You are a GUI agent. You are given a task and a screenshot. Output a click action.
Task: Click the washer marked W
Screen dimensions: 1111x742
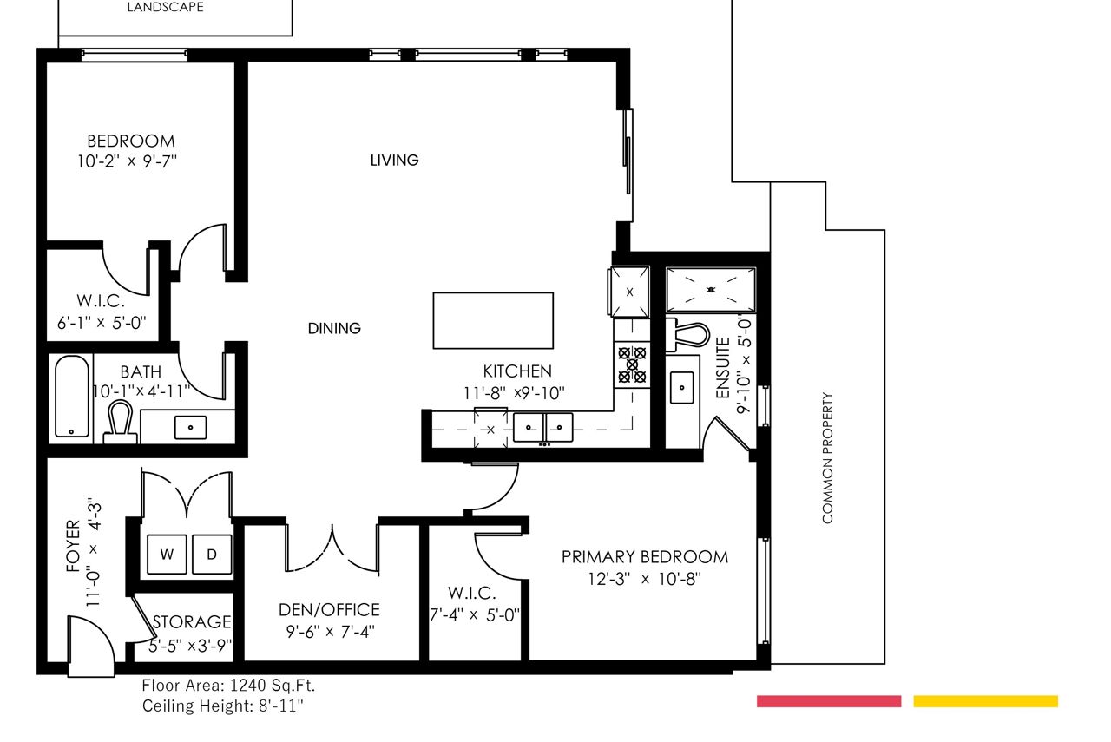point(168,555)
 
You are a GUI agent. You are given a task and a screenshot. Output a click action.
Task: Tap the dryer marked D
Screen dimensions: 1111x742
point(212,555)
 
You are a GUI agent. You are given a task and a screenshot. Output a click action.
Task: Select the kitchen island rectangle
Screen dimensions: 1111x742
point(493,320)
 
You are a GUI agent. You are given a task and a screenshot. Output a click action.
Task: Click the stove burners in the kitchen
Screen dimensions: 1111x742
point(632,365)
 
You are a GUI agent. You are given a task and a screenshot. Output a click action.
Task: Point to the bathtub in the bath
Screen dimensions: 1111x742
point(72,396)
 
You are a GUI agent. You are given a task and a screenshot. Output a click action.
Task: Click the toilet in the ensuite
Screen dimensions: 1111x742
point(688,335)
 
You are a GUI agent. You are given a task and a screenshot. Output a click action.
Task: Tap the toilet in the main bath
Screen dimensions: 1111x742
point(120,423)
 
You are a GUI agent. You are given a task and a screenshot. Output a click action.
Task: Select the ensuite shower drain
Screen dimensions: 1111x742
point(711,290)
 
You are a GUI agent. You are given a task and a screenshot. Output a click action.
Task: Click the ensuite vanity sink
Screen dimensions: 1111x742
point(682,388)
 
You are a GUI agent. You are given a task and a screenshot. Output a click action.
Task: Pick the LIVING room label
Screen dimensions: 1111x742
point(394,161)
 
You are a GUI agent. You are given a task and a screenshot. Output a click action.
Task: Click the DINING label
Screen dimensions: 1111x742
point(334,328)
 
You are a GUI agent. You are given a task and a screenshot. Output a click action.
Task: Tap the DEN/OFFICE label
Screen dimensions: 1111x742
point(329,609)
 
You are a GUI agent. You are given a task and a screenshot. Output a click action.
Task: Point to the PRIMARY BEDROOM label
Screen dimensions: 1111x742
point(645,557)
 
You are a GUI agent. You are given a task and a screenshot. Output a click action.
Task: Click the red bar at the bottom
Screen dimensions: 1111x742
point(829,701)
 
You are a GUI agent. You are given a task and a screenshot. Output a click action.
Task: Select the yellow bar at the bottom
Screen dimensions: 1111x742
point(985,701)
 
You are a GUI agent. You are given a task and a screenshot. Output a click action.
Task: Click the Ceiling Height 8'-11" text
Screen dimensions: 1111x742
point(223,706)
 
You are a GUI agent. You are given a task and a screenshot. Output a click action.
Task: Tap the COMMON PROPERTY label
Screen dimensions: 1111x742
point(827,458)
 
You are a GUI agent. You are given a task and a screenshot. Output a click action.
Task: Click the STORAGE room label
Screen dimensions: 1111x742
point(192,621)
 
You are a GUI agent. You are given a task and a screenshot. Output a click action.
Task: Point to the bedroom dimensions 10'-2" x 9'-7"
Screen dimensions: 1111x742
point(127,161)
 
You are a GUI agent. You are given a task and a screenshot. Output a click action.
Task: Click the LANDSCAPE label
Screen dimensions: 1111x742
point(165,7)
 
